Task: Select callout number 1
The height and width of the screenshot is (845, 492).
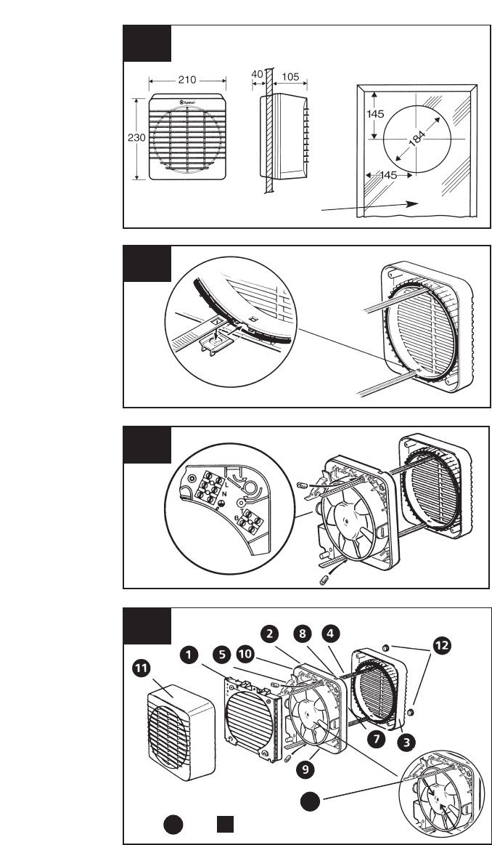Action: click(x=189, y=655)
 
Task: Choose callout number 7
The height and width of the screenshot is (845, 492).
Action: click(x=374, y=737)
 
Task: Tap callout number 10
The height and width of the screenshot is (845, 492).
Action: click(x=245, y=655)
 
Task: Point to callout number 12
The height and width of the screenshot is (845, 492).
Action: click(x=442, y=642)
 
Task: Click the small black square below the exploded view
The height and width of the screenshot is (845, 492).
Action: click(x=226, y=825)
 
